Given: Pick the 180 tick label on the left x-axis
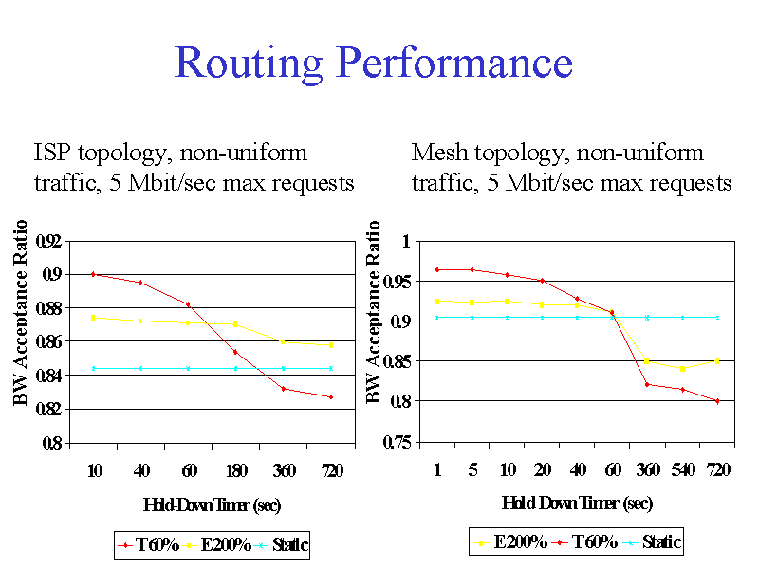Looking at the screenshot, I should coord(235,469).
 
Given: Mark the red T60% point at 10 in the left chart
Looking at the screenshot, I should coord(94,274).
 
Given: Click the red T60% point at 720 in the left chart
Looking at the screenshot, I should coord(331,396).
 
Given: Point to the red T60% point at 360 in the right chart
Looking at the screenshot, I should coord(647,384).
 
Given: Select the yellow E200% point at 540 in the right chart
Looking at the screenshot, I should coord(682,368).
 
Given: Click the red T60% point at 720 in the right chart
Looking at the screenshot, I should coord(717,401).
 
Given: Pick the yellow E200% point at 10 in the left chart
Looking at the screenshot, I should coord(94,318).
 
